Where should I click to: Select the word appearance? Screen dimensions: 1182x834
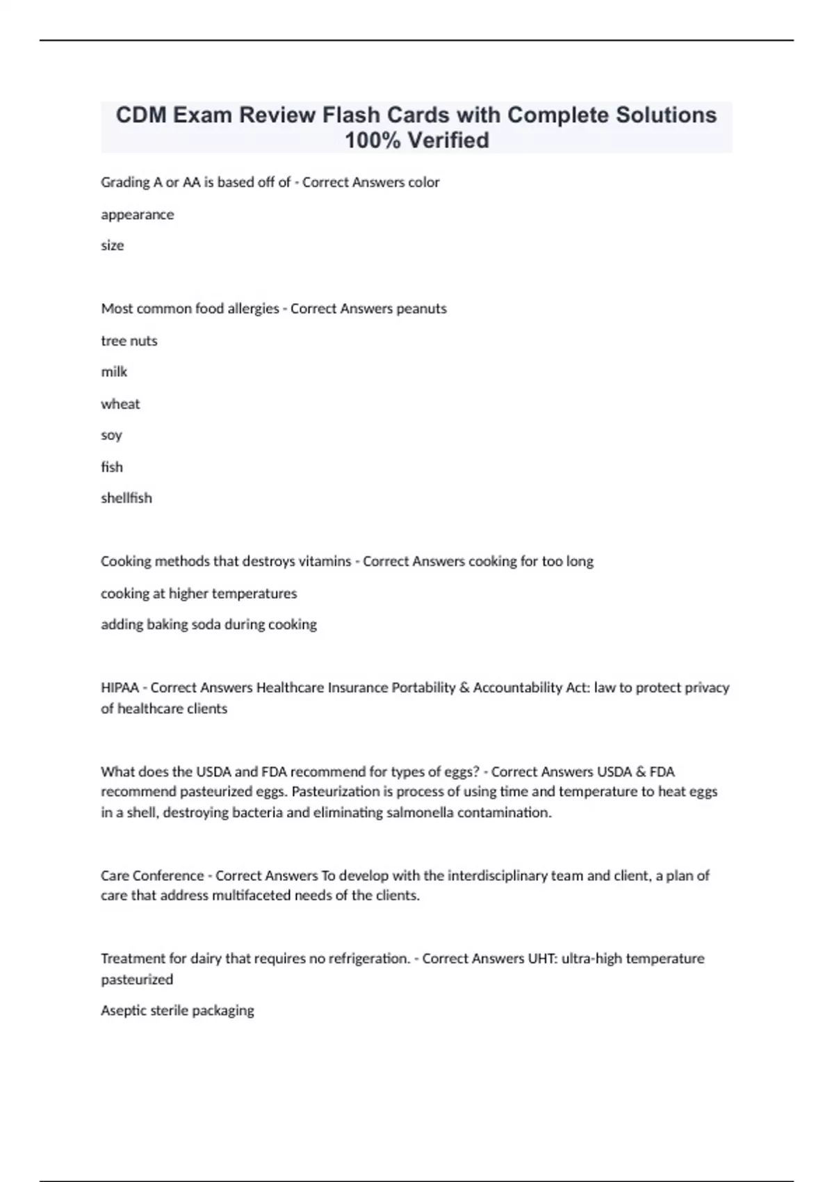pyautogui.click(x=138, y=214)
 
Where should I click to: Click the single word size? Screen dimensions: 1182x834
pyautogui.click(x=113, y=245)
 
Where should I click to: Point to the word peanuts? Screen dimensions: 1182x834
pyautogui.click(x=421, y=309)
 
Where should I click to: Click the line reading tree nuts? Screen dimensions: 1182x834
pyautogui.click(x=129, y=341)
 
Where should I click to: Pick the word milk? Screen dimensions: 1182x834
pyautogui.click(x=114, y=372)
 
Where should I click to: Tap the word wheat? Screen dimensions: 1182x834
pyautogui.click(x=120, y=404)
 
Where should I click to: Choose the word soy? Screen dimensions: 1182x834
pyautogui.click(x=111, y=435)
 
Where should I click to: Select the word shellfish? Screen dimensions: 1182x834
pyautogui.click(x=126, y=498)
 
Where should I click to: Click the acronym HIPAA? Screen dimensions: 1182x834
pyautogui.click(x=120, y=688)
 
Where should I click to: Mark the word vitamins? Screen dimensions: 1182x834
pyautogui.click(x=322, y=561)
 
